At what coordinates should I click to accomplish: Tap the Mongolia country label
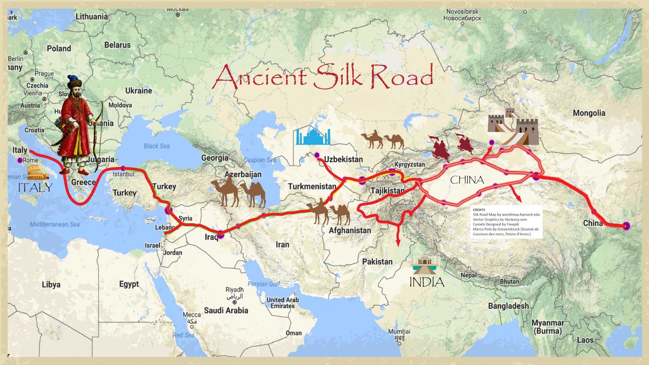[x=589, y=113]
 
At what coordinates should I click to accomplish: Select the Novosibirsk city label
[x=462, y=15]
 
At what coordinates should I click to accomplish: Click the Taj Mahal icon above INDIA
[x=424, y=265]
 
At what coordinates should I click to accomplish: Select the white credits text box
[x=506, y=221]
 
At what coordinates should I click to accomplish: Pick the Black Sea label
[x=157, y=146]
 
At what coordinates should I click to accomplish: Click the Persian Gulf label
[x=264, y=284]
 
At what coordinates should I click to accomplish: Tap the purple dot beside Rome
[x=20, y=161]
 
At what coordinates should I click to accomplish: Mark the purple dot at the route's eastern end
[x=626, y=226]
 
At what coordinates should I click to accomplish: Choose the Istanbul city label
[x=123, y=174]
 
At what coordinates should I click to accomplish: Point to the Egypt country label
[x=129, y=284]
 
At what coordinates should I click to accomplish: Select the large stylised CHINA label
[x=467, y=180]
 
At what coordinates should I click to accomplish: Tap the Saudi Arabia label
[x=226, y=311]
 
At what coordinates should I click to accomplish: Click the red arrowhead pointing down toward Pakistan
[x=398, y=242]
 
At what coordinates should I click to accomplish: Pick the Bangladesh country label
[x=508, y=306]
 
